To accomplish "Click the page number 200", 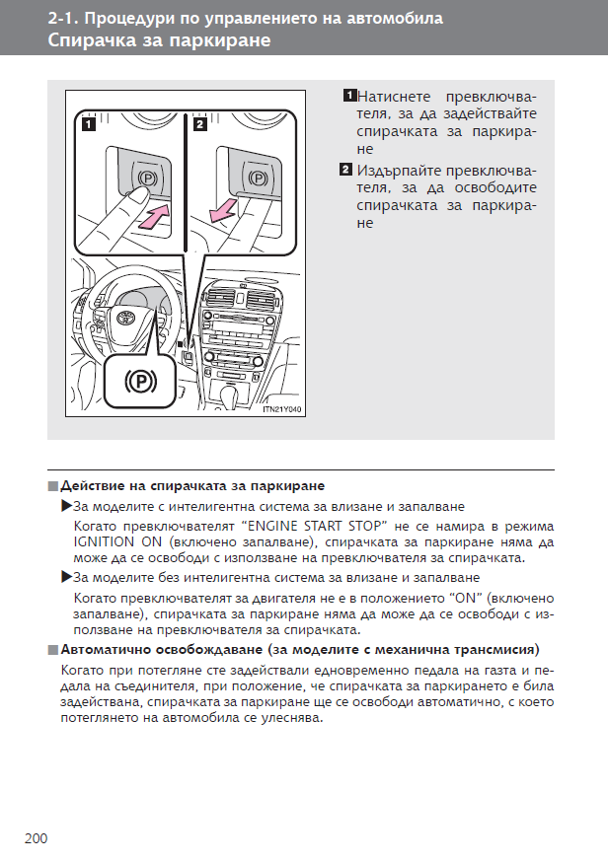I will [36, 838].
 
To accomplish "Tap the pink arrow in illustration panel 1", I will [148, 216].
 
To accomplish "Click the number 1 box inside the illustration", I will [88, 125].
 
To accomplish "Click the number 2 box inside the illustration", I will [200, 125].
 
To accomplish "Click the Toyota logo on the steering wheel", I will [126, 319].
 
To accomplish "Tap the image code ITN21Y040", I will [281, 409].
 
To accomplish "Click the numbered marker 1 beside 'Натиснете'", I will [349, 96].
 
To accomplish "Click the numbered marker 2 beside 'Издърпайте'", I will [345, 169].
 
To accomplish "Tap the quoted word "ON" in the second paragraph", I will [466, 599].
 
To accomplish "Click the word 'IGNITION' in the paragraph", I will [106, 541].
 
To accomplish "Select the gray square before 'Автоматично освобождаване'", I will [51, 652].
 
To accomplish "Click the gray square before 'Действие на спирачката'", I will [51, 487].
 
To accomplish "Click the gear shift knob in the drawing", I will [235, 391].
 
